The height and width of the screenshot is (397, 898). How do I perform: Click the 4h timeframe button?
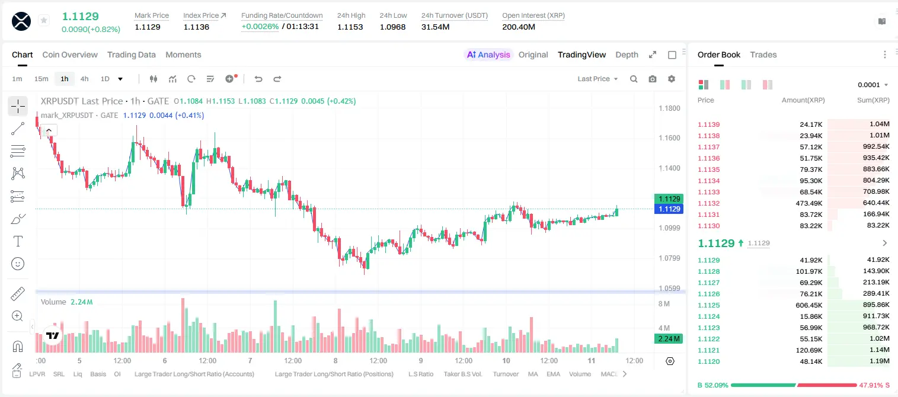coord(84,79)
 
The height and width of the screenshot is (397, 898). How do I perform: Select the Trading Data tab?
coord(131,55)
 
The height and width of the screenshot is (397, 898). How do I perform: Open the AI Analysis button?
coord(488,55)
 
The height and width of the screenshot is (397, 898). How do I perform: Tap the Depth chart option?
coord(627,55)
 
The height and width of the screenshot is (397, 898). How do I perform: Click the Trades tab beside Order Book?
coord(763,55)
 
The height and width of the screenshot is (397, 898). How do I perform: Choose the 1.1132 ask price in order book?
coord(709,203)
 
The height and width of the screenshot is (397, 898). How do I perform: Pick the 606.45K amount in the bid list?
coord(809,305)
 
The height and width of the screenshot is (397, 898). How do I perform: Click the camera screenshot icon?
coord(653,79)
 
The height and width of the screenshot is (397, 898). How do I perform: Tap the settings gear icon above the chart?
coord(672,79)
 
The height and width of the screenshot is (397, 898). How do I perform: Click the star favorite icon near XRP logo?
coord(44,20)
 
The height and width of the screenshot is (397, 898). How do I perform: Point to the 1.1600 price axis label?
coord(669,138)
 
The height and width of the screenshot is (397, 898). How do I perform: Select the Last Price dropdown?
coord(597,79)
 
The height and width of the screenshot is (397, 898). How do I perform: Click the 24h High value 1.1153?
coord(350,27)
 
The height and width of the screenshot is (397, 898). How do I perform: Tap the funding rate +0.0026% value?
coord(260,27)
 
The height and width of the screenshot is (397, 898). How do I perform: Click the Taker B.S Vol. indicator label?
coord(462,374)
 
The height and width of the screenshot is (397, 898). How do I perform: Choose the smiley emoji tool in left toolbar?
coord(18,264)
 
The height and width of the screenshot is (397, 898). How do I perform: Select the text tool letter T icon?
coord(18,241)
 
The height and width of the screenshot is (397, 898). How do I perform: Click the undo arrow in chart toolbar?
coord(258,79)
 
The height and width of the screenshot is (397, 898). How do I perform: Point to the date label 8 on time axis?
coord(335,360)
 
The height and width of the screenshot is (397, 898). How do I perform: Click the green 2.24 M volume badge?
coord(668,339)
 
